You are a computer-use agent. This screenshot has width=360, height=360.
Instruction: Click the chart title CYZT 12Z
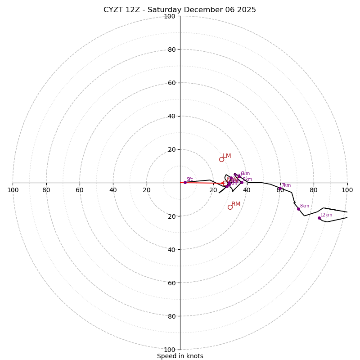point(180,10)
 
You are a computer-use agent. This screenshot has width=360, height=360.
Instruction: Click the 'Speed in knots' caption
point(180,356)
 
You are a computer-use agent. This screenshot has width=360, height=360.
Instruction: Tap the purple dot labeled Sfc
point(185,182)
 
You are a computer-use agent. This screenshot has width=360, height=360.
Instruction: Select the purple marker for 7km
point(280,189)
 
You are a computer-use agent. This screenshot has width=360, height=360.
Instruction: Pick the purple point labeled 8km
point(298,209)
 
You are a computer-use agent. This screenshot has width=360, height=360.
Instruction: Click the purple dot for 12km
point(319,218)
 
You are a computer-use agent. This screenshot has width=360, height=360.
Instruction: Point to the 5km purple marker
point(242,182)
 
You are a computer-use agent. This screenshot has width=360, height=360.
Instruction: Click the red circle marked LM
point(221,159)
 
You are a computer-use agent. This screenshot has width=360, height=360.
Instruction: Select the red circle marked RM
point(230,207)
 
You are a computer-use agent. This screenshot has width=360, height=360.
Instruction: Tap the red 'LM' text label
point(227,156)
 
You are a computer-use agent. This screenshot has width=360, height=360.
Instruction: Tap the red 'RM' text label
point(236,204)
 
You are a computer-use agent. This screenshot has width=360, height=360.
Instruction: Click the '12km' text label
point(326,215)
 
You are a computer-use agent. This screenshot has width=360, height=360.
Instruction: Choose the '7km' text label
point(286,185)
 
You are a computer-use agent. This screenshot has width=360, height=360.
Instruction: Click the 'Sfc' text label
point(190,179)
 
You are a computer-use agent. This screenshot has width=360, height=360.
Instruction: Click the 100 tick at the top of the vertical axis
point(170,16)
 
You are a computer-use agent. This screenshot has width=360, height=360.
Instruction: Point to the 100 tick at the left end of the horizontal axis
point(13,190)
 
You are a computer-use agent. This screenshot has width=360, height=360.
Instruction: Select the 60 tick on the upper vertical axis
point(171,83)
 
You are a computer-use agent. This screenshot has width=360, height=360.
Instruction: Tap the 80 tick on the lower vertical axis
point(171,316)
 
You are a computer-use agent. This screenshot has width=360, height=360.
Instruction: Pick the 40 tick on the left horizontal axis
point(113,190)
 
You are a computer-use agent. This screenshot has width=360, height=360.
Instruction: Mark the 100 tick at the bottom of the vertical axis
point(170,349)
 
